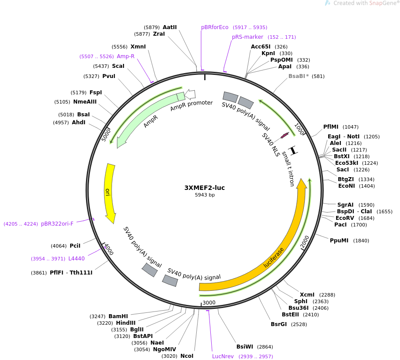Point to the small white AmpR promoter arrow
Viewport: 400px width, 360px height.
coord(190,93)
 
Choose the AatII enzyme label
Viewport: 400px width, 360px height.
coord(169,27)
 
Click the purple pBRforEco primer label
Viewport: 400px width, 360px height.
coord(215,27)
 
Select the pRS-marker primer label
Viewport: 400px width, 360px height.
coord(247,37)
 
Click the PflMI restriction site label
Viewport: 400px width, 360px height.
coord(331,127)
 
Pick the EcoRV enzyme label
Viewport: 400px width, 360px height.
coord(345,218)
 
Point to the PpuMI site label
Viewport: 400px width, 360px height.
coord(339,241)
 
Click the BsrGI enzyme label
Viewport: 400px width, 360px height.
coord(279,324)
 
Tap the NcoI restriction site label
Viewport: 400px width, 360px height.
coord(187,356)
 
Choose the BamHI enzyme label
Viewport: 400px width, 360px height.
coord(118,316)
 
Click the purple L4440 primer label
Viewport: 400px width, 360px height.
coord(76,259)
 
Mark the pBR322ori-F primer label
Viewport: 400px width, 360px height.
coord(57,224)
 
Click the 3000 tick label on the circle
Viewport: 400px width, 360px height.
coord(209,303)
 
